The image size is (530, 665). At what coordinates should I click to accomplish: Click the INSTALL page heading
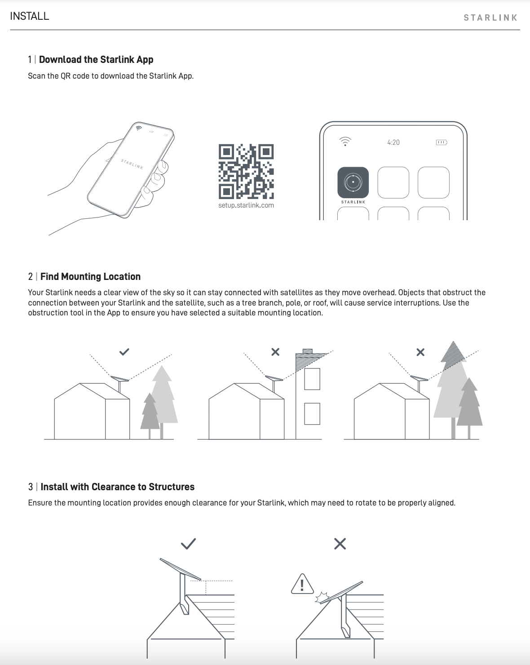[x=29, y=16]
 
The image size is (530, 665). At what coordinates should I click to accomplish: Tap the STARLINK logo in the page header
[x=490, y=18]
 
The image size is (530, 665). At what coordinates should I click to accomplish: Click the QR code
[x=246, y=172]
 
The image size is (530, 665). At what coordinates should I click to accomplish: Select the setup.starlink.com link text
[x=246, y=205]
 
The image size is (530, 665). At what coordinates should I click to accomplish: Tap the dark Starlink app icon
[x=353, y=182]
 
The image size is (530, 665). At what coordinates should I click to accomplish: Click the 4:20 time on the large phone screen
[x=393, y=142]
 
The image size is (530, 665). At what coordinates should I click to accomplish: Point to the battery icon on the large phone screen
[x=442, y=142]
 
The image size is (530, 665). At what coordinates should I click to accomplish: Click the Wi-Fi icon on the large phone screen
[x=345, y=141]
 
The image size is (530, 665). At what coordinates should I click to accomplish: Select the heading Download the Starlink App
[x=96, y=59]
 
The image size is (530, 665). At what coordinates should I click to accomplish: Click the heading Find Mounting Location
[x=90, y=276]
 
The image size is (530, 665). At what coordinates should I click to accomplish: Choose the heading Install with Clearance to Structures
[x=117, y=487]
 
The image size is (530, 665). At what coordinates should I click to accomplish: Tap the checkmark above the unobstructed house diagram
[x=124, y=352]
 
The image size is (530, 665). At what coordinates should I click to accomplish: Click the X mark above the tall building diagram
[x=275, y=352]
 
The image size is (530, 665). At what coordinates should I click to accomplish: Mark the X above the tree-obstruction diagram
[x=420, y=352]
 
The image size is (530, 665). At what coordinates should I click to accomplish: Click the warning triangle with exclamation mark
[x=302, y=585]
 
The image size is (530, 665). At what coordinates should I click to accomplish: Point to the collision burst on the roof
[x=322, y=597]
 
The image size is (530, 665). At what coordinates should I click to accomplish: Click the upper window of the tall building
[x=312, y=379]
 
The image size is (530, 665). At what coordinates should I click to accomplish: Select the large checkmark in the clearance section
[x=188, y=544]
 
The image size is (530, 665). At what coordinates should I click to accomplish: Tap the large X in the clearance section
[x=340, y=544]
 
